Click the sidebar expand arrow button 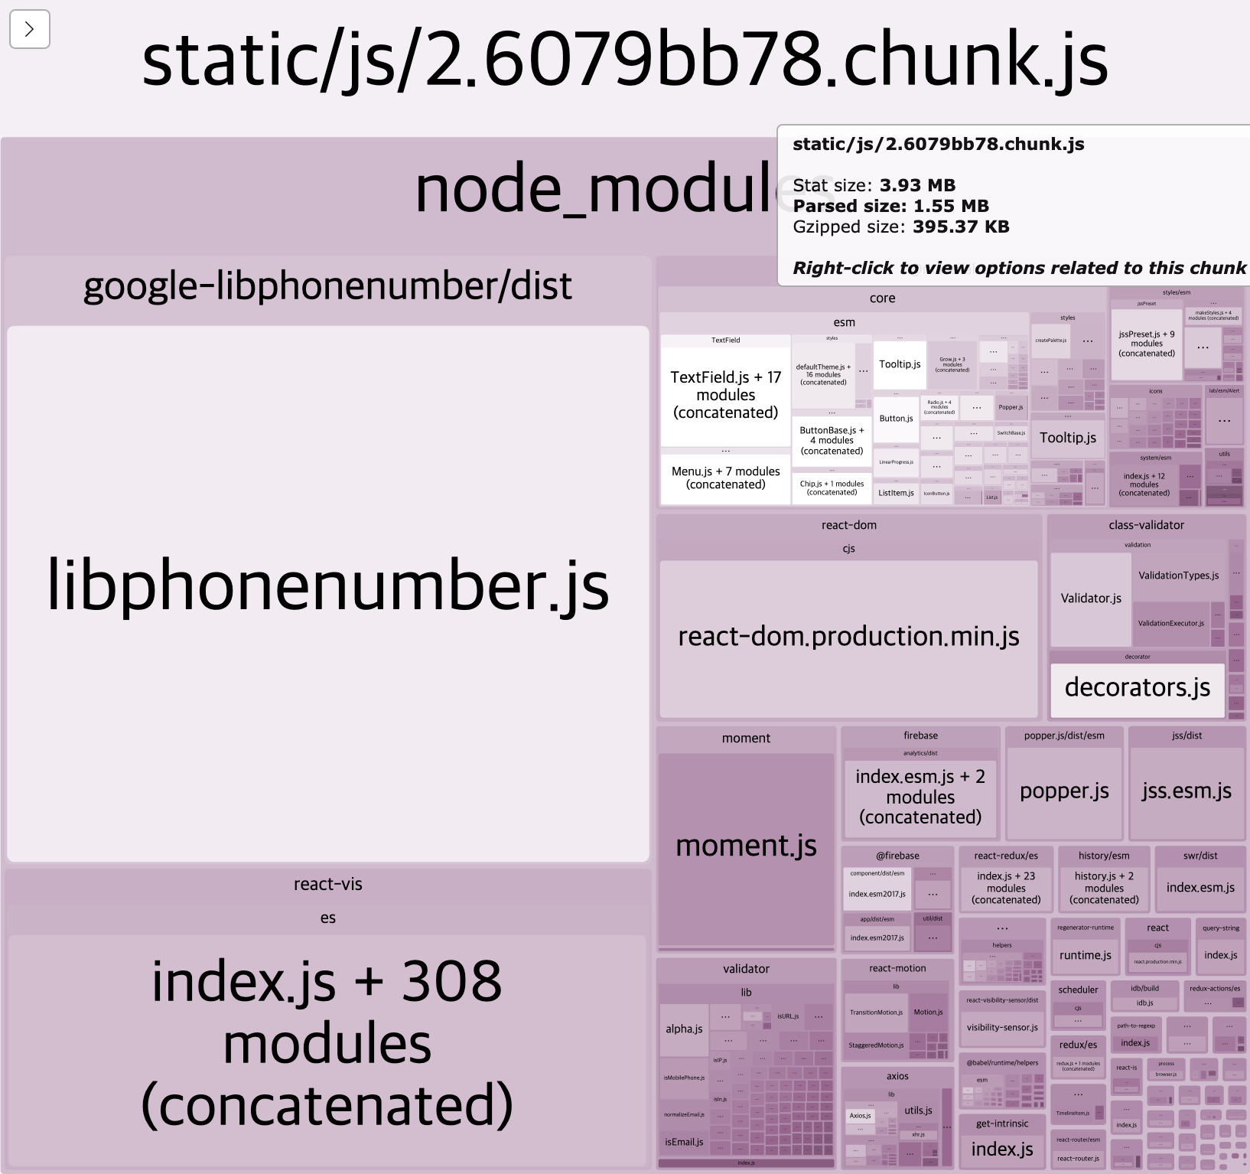tap(30, 30)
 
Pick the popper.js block tap(1064, 791)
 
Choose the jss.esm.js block tap(1187, 791)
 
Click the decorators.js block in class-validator tap(1137, 688)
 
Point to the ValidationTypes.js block tap(1178, 576)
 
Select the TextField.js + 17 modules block tap(725, 395)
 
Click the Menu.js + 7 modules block tap(725, 478)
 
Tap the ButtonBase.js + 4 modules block tap(832, 441)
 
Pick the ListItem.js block tap(896, 493)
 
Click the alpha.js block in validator tap(684, 1029)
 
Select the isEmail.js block tap(684, 1142)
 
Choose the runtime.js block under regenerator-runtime tap(1085, 956)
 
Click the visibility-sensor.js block tap(1002, 1028)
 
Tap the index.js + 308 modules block tap(327, 1045)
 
